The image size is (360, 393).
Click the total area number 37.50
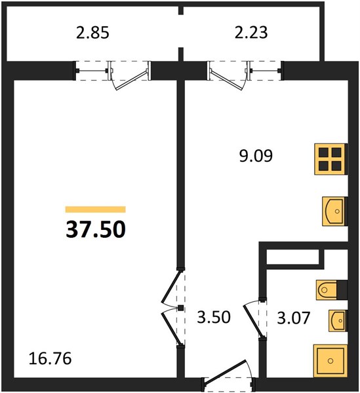tap(96, 229)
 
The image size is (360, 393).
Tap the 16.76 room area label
tap(50, 358)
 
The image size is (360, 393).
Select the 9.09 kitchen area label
tap(256, 156)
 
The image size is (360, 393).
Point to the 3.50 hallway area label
tap(214, 317)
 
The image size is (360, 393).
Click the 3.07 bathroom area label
tap(294, 318)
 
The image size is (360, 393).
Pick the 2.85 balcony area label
tap(92, 33)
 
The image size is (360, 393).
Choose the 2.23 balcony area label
tap(251, 33)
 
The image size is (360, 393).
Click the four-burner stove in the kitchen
tap(331, 159)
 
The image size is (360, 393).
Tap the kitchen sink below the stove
tap(335, 212)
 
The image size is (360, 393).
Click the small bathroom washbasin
tap(338, 320)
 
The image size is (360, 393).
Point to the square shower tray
tap(330, 361)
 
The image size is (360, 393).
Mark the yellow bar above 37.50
tap(95, 210)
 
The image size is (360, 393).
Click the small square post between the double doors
tap(180, 308)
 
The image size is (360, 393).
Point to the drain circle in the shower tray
tap(330, 361)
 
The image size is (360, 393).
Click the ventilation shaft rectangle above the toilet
tap(292, 257)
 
